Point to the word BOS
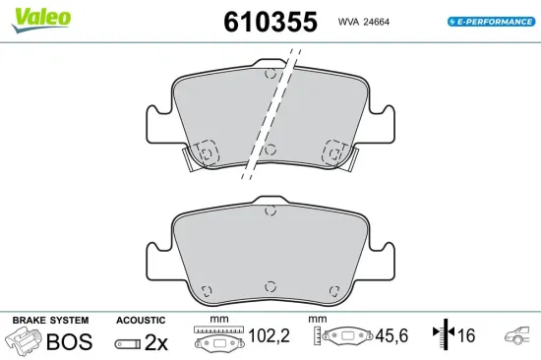(71, 341)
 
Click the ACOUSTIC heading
(141, 321)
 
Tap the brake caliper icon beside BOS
(26, 340)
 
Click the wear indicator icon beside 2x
(127, 343)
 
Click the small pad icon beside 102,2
(216, 340)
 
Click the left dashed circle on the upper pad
(207, 150)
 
